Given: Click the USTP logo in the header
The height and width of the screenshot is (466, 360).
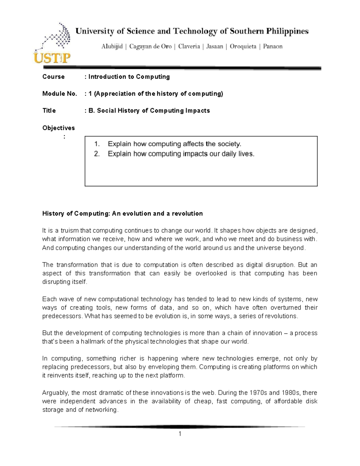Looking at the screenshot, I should tap(52, 44).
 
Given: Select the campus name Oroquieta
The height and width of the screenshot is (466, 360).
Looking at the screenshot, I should tap(243, 47).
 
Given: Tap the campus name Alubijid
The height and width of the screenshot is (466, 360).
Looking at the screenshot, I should tap(112, 47).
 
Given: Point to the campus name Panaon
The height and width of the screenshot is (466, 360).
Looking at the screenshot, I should tap(273, 47).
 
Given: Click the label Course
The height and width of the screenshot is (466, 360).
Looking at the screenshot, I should tap(53, 77).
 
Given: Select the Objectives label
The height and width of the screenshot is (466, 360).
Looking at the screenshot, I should tap(58, 128).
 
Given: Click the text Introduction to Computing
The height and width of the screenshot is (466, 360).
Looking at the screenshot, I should tap(129, 77).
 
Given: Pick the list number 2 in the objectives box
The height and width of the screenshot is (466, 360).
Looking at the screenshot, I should tap(96, 154).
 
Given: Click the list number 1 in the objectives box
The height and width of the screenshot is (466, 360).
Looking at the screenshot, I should tap(96, 144).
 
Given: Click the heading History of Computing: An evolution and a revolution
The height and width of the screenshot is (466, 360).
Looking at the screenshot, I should tap(122, 214).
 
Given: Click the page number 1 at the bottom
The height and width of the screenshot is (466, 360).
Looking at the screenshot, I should tap(180, 434).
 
